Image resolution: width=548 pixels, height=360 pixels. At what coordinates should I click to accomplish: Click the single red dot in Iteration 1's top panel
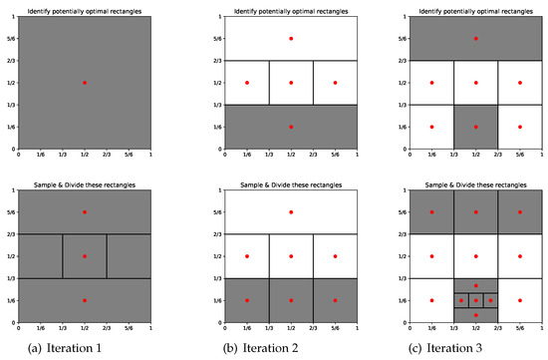point(85,83)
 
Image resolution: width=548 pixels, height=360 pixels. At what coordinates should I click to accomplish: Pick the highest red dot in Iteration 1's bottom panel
point(85,212)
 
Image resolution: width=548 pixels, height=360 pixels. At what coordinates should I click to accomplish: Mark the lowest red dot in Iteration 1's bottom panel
point(85,300)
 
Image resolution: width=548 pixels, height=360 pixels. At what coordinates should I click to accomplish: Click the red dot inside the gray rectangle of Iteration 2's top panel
point(291,127)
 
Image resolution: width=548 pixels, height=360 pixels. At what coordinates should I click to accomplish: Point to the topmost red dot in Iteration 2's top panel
point(291,39)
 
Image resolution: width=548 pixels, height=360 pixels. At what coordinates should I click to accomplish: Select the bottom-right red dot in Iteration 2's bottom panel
point(335,300)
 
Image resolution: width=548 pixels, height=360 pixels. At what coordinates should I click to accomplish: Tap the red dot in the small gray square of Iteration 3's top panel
point(476,127)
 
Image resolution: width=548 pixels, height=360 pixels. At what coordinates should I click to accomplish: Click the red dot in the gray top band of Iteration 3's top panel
point(476,39)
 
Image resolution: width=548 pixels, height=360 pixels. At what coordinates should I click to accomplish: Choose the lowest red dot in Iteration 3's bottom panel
point(476,315)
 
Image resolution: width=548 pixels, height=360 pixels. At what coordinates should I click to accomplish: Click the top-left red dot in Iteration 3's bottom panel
point(432,212)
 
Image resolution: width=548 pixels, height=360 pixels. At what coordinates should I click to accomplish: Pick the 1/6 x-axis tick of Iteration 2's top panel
point(247,155)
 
